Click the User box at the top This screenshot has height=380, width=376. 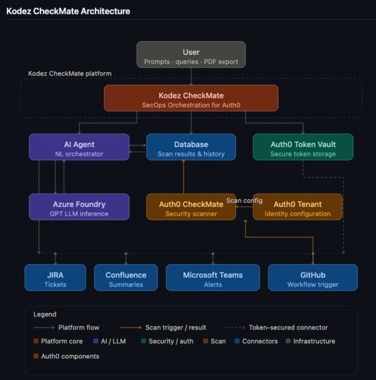[x=191, y=55]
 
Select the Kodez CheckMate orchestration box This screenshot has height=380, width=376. [x=191, y=98]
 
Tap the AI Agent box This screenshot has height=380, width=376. [x=79, y=147]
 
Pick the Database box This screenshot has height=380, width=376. [x=191, y=147]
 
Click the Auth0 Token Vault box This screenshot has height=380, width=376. [x=303, y=147]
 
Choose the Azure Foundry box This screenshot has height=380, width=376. [x=79, y=207]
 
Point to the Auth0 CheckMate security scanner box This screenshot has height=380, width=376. [x=191, y=207]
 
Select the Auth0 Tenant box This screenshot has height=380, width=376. [x=298, y=207]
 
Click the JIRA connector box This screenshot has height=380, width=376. [x=55, y=278]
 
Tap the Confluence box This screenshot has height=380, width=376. [x=125, y=278]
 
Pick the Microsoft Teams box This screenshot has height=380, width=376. [x=213, y=278]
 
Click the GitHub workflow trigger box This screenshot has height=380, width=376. [x=312, y=278]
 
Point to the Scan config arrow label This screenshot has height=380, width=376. [x=244, y=200]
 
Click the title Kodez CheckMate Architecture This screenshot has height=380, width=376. [x=68, y=11]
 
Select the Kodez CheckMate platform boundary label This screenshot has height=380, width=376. [x=70, y=74]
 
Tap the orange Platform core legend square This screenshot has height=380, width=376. [x=36, y=342]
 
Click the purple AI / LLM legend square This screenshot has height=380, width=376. [x=96, y=342]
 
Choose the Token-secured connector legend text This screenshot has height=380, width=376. [x=288, y=328]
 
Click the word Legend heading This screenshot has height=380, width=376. [x=44, y=314]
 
